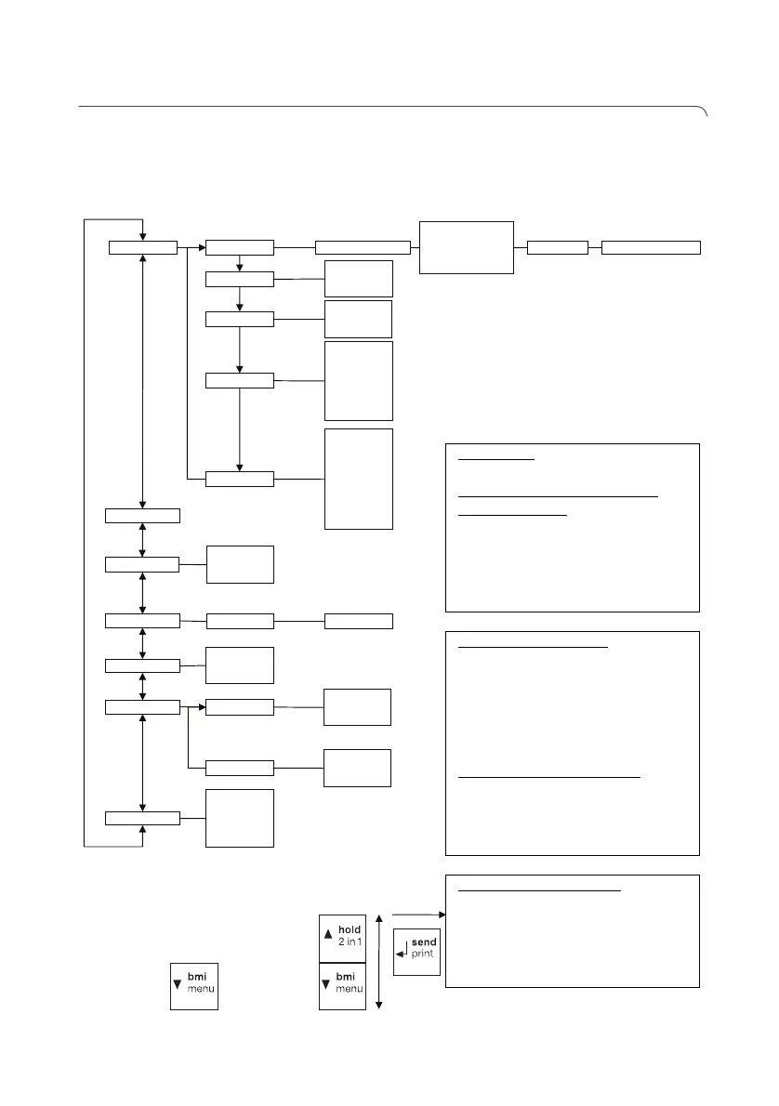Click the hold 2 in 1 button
(342, 938)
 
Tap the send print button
(416, 949)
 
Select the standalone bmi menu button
(193, 985)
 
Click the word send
(423, 942)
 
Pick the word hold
(350, 929)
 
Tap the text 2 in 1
(350, 942)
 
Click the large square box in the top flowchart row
(467, 246)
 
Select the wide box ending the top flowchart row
(651, 246)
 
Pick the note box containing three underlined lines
(572, 527)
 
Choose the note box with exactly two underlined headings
(572, 742)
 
